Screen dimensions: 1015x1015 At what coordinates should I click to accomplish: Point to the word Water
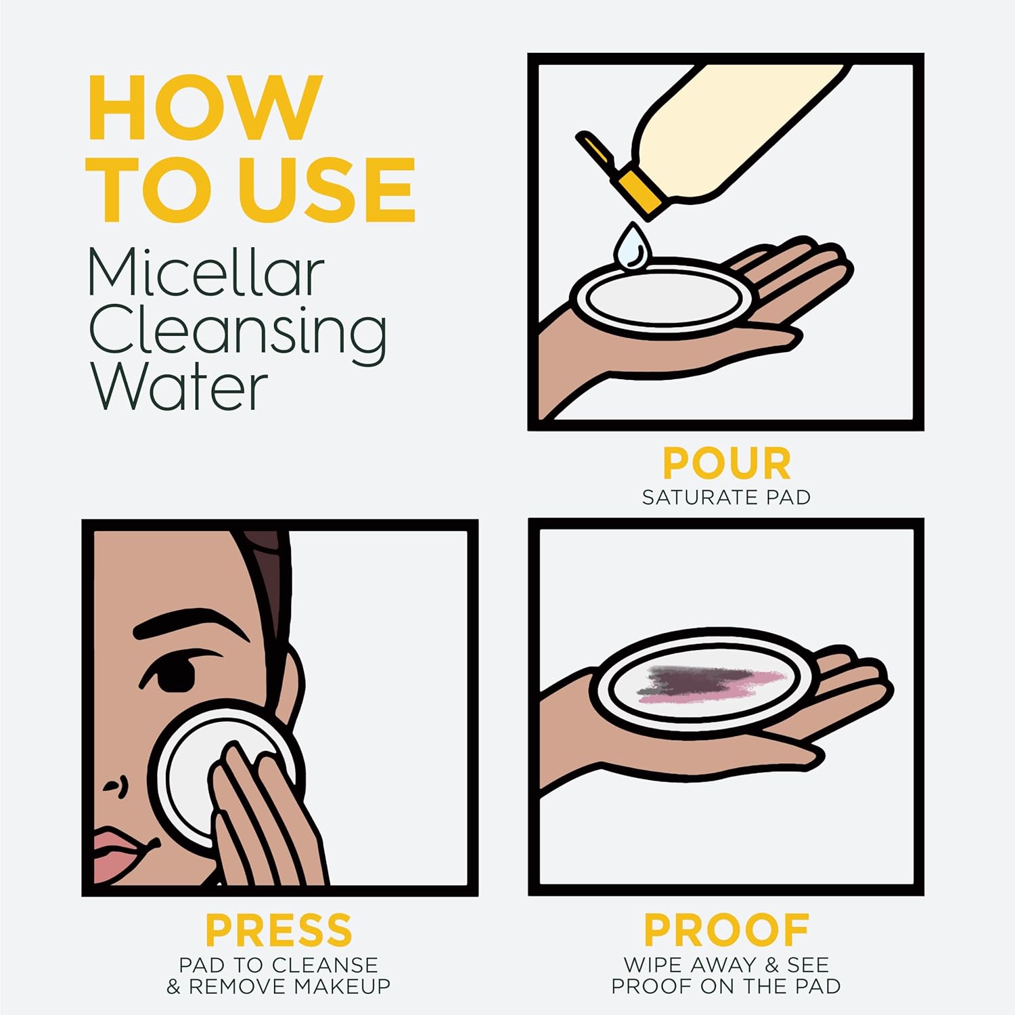(179, 388)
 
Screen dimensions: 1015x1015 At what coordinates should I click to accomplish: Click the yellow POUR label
(726, 464)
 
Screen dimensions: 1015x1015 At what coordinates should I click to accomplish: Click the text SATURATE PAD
(726, 498)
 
